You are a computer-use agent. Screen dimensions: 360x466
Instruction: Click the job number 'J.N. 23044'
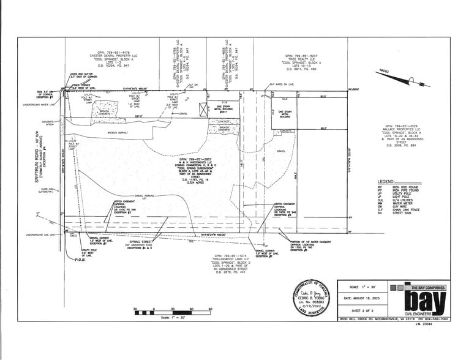tap(440, 325)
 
